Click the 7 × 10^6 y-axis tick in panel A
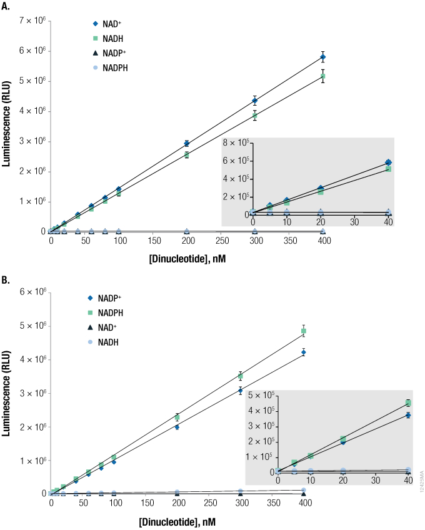pos(29,21)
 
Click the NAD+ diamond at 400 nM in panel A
pos(322,57)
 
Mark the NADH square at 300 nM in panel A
pos(255,116)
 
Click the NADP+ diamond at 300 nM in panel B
pos(241,391)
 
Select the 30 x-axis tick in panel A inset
pos(354,221)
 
